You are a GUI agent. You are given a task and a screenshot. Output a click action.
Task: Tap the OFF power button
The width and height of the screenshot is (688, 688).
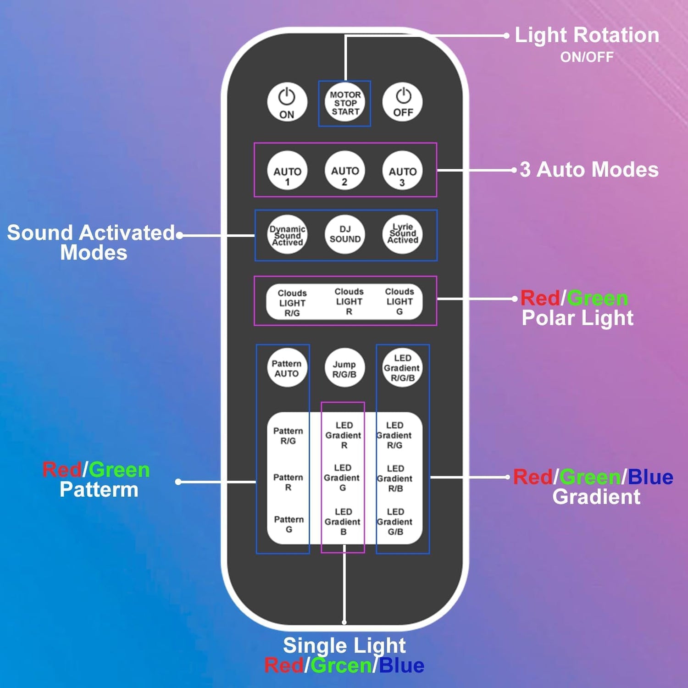tap(402, 102)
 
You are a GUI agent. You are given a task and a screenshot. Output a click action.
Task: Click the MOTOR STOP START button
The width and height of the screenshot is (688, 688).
tap(345, 103)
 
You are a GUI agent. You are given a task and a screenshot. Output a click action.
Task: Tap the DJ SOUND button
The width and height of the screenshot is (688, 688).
tap(345, 234)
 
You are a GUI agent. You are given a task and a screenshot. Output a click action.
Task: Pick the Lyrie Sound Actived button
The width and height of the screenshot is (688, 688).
tap(402, 234)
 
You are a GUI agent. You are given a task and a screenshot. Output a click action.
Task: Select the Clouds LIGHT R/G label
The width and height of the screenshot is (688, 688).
tap(292, 303)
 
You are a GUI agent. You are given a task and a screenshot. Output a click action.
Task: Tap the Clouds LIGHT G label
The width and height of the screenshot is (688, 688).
tap(399, 301)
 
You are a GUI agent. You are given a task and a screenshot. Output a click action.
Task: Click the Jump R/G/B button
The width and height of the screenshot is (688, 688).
tap(344, 368)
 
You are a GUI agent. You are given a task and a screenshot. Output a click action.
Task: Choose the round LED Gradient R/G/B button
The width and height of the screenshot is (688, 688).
tap(402, 368)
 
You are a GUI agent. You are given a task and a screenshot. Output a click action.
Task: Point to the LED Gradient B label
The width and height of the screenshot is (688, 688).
tap(343, 522)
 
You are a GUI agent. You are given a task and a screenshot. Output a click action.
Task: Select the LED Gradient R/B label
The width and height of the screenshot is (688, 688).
tap(395, 478)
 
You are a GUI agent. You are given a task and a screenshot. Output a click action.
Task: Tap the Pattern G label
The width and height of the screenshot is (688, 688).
tap(289, 524)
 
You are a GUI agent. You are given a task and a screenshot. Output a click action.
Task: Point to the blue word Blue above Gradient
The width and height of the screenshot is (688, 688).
tap(650, 477)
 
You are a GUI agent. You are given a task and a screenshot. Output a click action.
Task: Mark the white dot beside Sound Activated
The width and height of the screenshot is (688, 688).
tap(180, 235)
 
